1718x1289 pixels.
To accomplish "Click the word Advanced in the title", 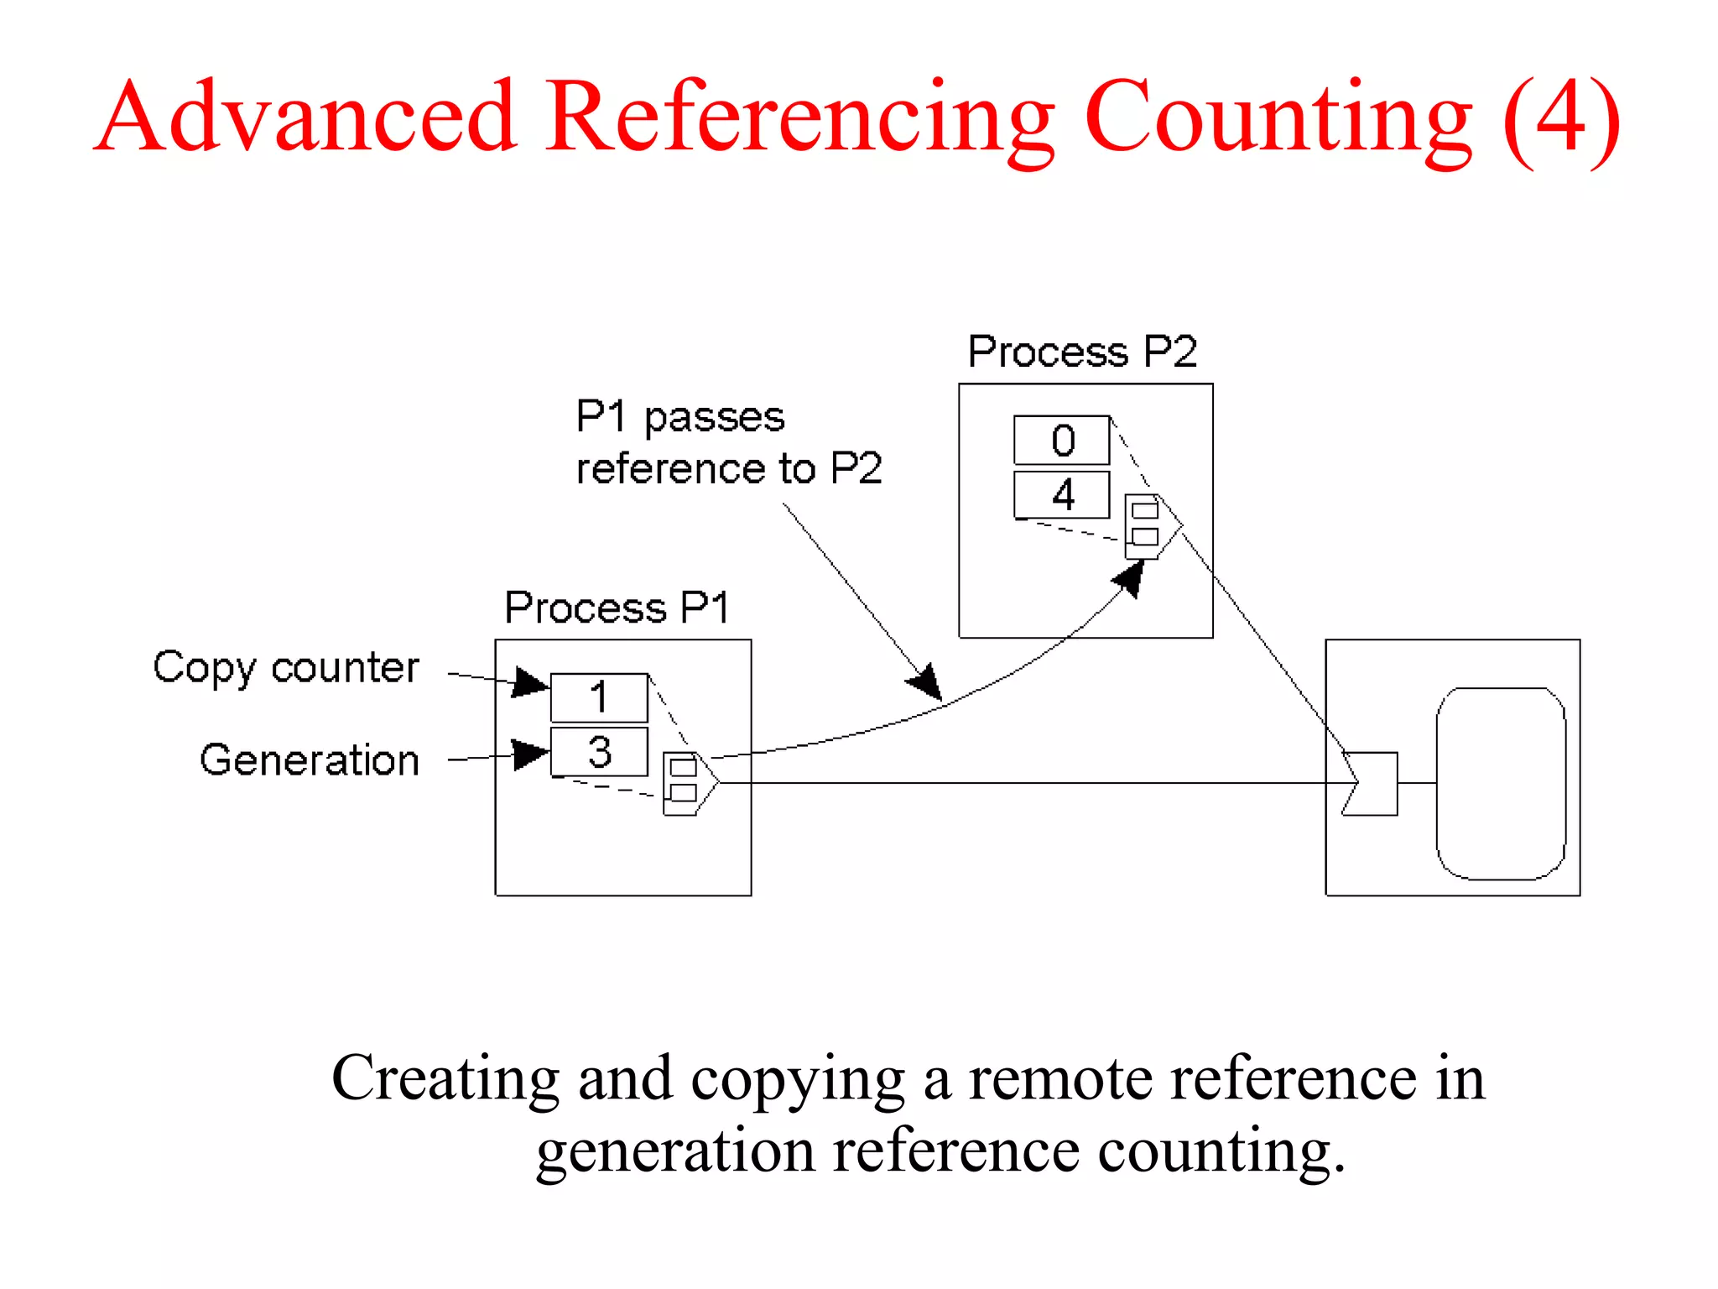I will pyautogui.click(x=306, y=117).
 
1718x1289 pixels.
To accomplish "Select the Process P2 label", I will pyautogui.click(x=1082, y=352).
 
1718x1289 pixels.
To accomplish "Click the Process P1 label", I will pyautogui.click(x=617, y=608).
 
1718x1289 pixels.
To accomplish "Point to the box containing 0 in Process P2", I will pyautogui.click(x=1061, y=440).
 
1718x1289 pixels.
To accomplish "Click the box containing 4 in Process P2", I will pyautogui.click(x=1061, y=495).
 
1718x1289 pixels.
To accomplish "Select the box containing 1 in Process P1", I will pyautogui.click(x=598, y=697).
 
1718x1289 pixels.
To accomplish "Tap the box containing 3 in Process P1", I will pyautogui.click(x=598, y=752).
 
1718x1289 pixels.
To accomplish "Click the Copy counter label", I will pyautogui.click(x=286, y=669).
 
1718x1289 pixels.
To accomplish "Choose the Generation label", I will pyautogui.click(x=310, y=761).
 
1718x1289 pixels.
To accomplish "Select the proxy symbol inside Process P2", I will pyautogui.click(x=1149, y=526).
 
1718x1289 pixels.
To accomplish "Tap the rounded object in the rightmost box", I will pyautogui.click(x=1500, y=783).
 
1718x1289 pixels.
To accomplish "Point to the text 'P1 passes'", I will pyautogui.click(x=679, y=417).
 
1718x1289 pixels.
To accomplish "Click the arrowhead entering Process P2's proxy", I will pyautogui.click(x=1130, y=579).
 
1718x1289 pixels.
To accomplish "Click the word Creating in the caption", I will pyautogui.click(x=444, y=1078).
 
